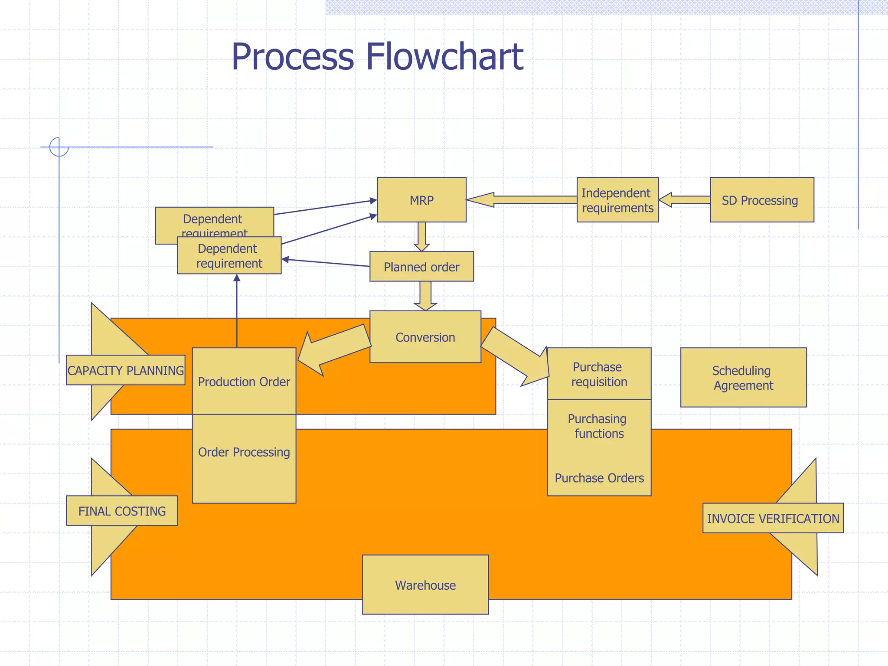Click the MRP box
(421, 200)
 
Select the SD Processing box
(761, 200)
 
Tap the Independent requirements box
(617, 200)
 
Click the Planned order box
(421, 267)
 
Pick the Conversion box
(425, 337)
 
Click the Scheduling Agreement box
(743, 377)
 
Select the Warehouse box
(425, 584)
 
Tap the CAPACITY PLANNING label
(126, 370)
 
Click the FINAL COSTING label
(122, 511)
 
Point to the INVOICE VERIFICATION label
(773, 518)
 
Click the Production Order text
(244, 382)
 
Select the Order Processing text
(244, 452)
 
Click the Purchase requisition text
(599, 374)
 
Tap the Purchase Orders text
(599, 478)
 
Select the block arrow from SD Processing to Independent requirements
(685, 200)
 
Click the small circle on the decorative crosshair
(59, 147)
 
